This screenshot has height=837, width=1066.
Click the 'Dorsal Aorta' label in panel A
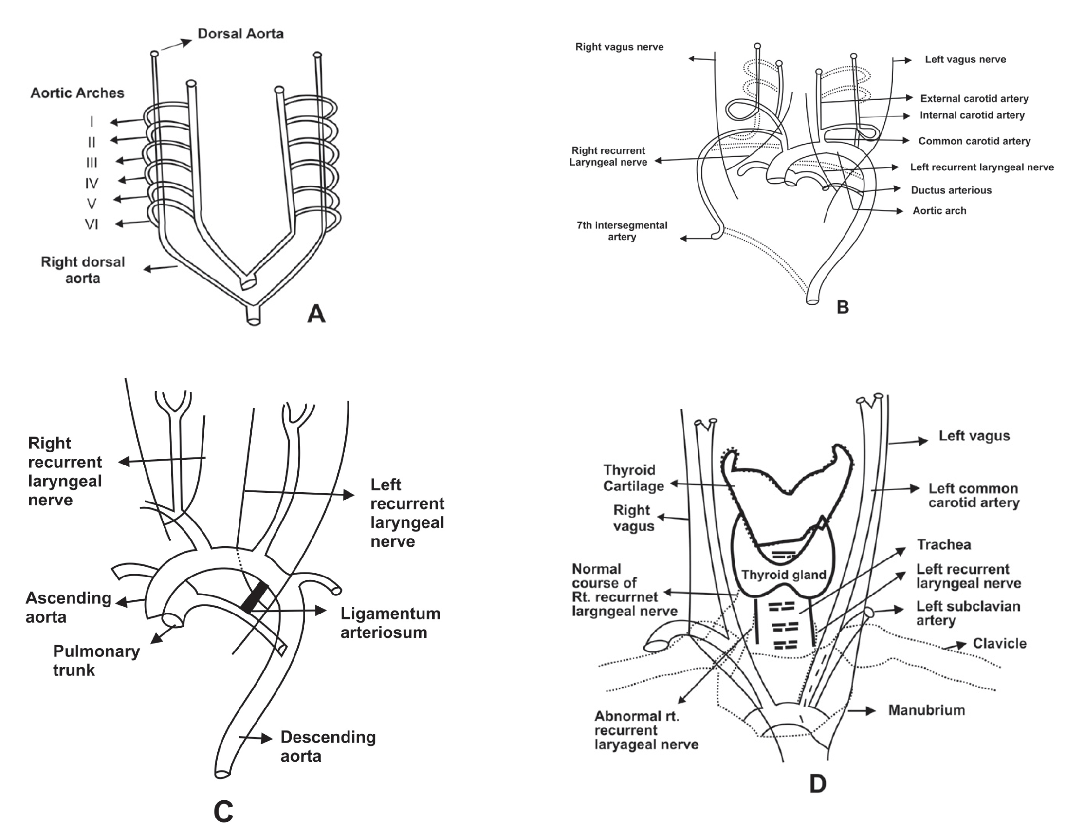(240, 34)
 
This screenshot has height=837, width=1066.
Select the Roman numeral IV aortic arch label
(92, 183)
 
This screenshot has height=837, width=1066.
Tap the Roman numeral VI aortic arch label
(92, 224)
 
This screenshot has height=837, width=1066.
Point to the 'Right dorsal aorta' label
(83, 270)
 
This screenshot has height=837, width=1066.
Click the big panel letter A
(316, 313)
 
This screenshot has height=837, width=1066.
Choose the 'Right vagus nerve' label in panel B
(619, 47)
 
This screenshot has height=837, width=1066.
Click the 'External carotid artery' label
(974, 98)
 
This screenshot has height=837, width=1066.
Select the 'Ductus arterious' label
(951, 190)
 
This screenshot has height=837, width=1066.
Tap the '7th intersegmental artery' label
(622, 231)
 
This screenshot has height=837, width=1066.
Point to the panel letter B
(843, 307)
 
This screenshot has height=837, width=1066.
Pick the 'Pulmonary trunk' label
(96, 661)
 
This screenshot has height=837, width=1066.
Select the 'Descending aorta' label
(327, 746)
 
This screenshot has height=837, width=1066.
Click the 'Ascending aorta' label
(68, 607)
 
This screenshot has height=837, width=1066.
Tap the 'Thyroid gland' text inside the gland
(783, 575)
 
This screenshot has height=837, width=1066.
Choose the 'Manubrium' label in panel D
(926, 710)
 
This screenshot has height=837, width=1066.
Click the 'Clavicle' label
(999, 643)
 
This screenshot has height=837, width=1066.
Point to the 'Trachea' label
(943, 544)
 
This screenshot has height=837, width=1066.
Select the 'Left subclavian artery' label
(968, 613)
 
